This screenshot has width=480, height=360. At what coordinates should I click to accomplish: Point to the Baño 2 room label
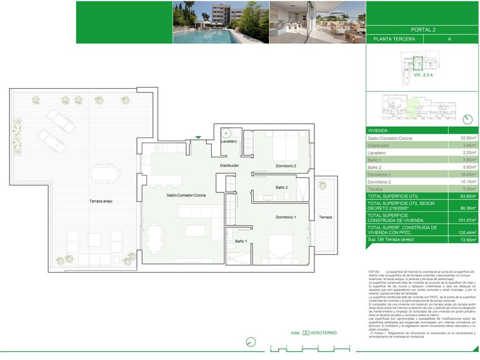tap(283, 187)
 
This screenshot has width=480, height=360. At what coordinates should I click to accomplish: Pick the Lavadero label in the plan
tap(229, 142)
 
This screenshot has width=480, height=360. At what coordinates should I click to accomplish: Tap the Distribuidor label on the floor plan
tap(229, 166)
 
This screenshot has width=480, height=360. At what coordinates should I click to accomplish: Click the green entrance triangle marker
tap(198, 137)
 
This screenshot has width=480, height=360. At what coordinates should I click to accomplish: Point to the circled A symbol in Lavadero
tap(226, 132)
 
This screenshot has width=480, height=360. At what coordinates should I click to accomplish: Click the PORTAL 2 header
tap(422, 29)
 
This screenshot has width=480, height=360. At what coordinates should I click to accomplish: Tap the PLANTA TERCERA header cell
tap(396, 39)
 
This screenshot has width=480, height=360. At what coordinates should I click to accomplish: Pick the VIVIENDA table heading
tap(380, 130)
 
